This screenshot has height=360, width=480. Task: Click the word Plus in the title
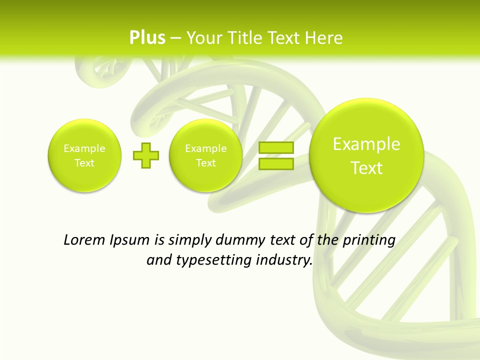coord(147,38)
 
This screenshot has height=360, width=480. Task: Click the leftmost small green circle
coord(84,155)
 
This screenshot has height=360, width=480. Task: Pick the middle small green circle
coord(206,155)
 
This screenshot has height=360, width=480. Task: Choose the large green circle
coord(366,155)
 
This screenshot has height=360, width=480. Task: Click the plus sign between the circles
coord(146,155)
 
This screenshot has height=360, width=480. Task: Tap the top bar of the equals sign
coord(275,147)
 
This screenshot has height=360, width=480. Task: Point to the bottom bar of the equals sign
coord(275,164)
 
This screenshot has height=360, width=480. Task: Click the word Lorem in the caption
coord(84,240)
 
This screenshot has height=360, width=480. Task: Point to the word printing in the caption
coord(368,240)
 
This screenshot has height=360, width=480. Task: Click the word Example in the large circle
coord(366,144)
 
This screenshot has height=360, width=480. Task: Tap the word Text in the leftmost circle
coord(84,163)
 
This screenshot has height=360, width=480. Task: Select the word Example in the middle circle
coord(206,148)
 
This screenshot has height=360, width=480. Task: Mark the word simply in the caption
coord(189,240)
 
